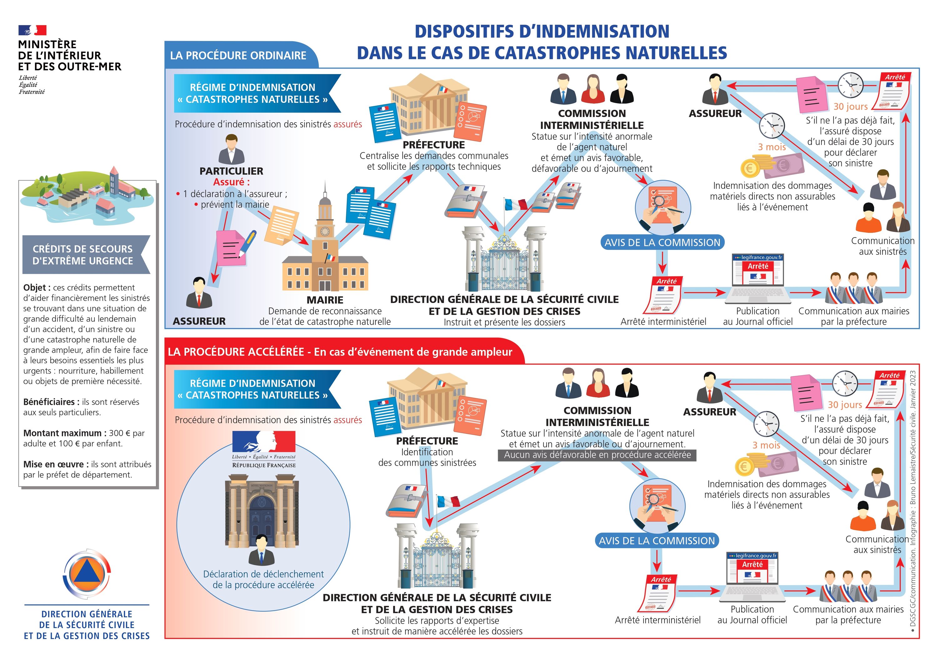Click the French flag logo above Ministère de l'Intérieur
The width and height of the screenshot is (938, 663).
click(x=32, y=30)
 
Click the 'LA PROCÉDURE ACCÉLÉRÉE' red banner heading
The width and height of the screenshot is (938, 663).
click(x=340, y=352)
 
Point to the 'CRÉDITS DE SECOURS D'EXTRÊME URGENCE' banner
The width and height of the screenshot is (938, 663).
click(x=83, y=255)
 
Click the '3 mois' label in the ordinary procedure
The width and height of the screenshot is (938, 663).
click(x=772, y=147)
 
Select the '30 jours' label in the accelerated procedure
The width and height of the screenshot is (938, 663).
click(x=845, y=405)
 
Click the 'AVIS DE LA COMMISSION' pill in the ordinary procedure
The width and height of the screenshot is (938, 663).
click(x=662, y=243)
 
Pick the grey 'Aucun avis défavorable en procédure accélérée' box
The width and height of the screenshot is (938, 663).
click(x=597, y=455)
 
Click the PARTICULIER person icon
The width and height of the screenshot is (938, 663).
click(x=231, y=149)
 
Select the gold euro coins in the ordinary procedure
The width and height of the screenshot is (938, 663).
click(x=754, y=166)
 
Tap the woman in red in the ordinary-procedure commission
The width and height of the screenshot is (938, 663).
click(x=593, y=89)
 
